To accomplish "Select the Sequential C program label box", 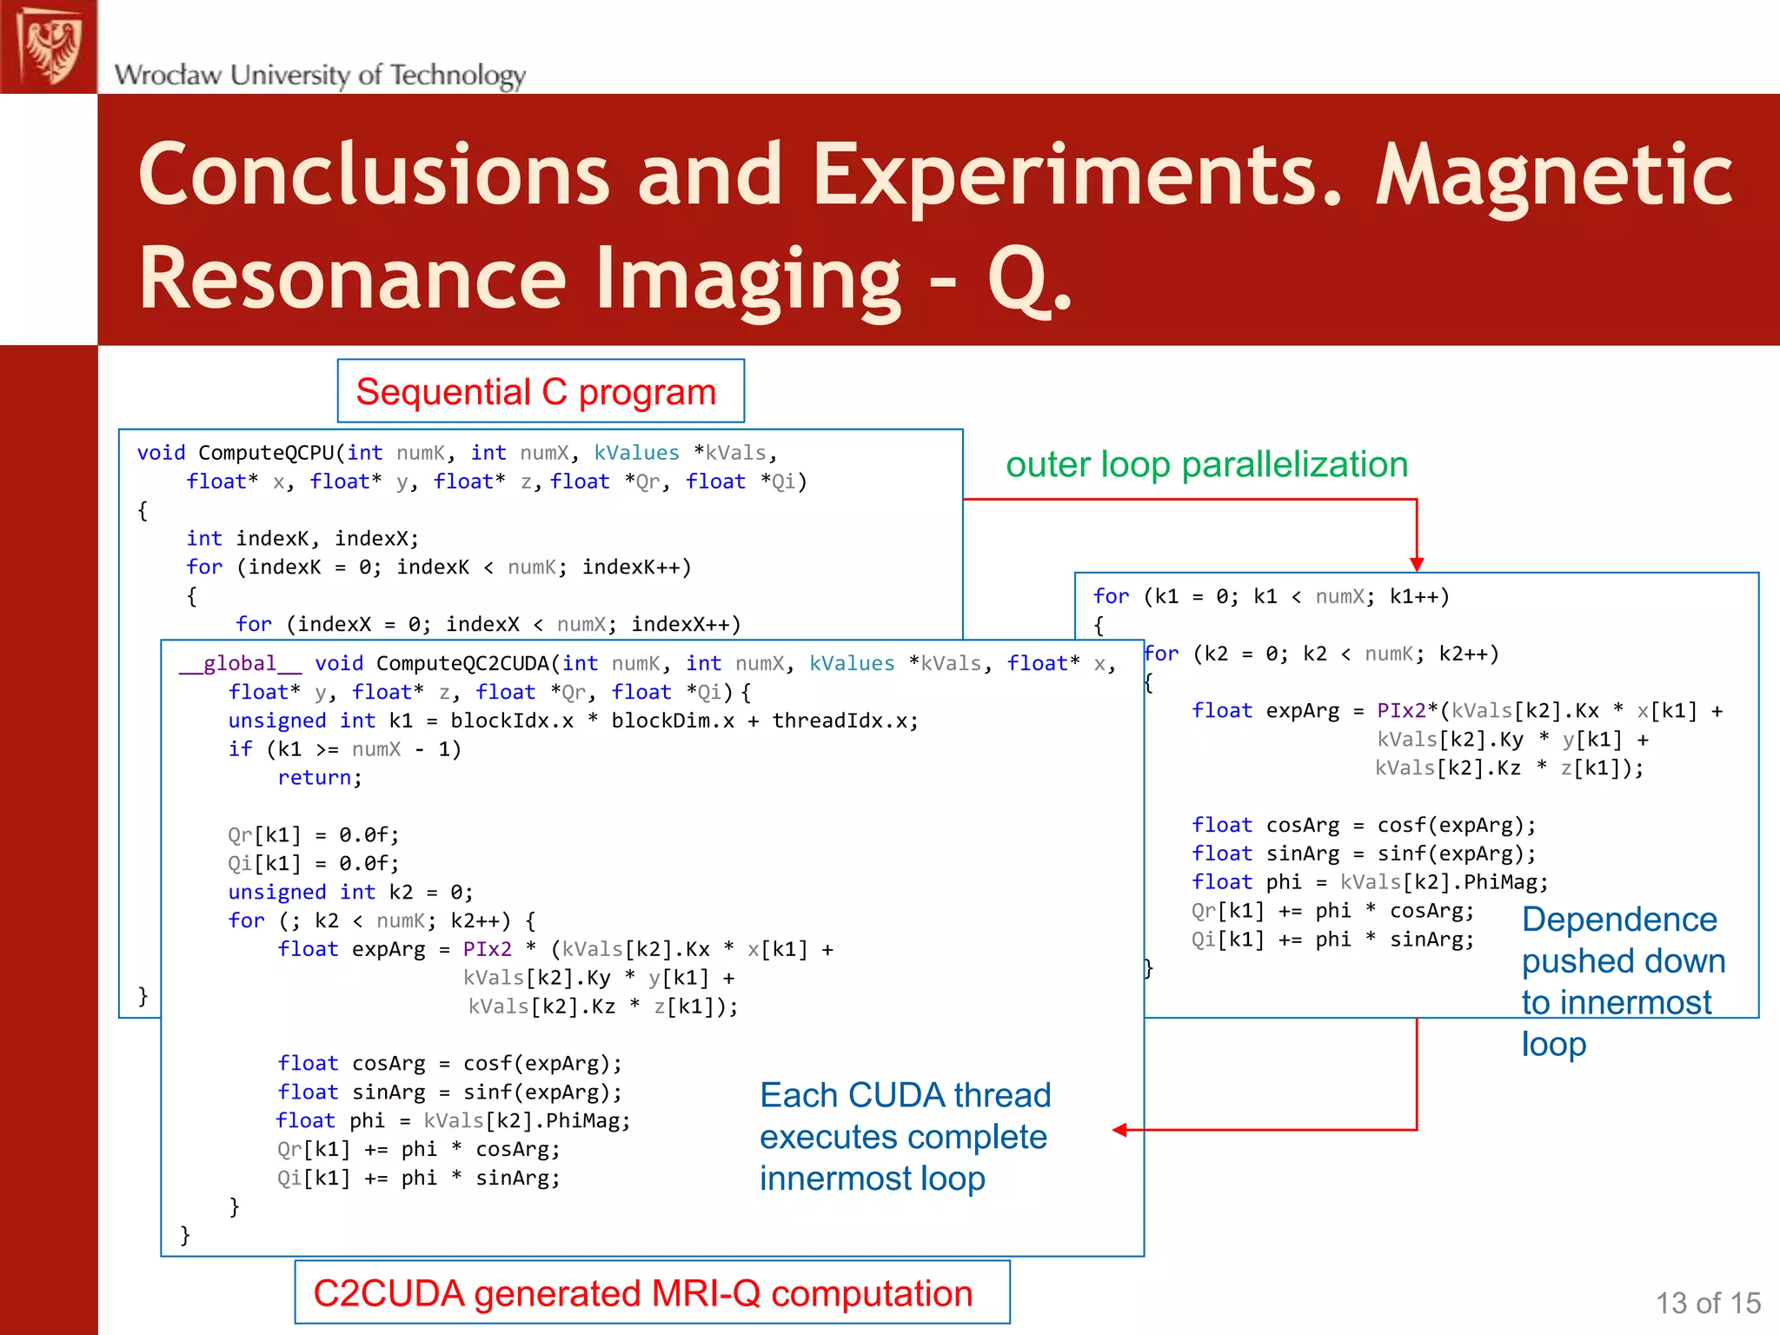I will coord(540,392).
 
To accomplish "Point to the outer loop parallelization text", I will coord(1206,464).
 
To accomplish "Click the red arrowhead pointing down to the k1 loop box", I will coord(1417,564).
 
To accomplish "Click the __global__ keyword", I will coord(240,663).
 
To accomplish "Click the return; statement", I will coord(319,778).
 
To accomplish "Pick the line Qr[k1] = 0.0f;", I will coord(313,835).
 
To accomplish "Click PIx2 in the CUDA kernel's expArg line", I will coord(487,949).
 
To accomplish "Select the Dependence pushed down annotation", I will coord(1622,981).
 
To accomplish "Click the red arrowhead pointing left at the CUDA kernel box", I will coord(1119,1130).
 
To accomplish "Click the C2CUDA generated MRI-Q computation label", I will coord(642,1293).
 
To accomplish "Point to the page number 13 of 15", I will coord(1707,1303).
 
